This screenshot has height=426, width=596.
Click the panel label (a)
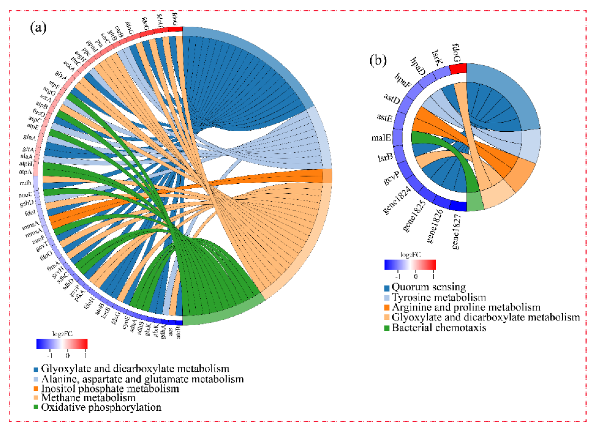(x=38, y=27)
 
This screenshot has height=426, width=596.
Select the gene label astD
(x=391, y=99)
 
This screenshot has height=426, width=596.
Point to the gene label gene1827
(x=457, y=231)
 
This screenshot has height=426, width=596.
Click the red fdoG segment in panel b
(x=458, y=69)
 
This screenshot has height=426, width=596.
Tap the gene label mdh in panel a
(x=25, y=183)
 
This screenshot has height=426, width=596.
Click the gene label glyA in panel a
(x=61, y=76)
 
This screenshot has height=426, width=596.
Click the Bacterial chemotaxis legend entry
(x=439, y=328)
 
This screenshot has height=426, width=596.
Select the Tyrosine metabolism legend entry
(x=439, y=297)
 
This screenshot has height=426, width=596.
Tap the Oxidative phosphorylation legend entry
(x=101, y=407)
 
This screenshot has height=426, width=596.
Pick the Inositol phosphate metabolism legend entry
(x=110, y=388)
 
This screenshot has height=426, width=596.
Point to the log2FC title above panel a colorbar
(x=62, y=334)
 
